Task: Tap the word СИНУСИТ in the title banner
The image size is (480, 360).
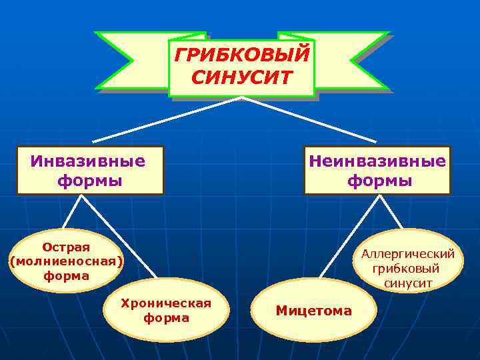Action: click(241, 77)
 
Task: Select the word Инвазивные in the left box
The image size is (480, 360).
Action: click(88, 161)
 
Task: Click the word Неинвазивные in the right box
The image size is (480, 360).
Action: click(377, 161)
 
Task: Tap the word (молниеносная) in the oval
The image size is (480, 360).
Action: click(66, 261)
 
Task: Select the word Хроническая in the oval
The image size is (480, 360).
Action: click(166, 303)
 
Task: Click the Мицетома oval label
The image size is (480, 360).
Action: click(313, 311)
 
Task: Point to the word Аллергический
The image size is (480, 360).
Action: click(408, 254)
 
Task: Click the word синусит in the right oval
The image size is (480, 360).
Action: click(408, 283)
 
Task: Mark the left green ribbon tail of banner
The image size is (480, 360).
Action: click(127, 60)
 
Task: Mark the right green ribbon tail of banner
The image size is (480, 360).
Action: click(353, 60)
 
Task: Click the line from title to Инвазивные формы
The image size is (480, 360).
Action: click(167, 119)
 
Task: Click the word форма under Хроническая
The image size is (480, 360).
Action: click(166, 318)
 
